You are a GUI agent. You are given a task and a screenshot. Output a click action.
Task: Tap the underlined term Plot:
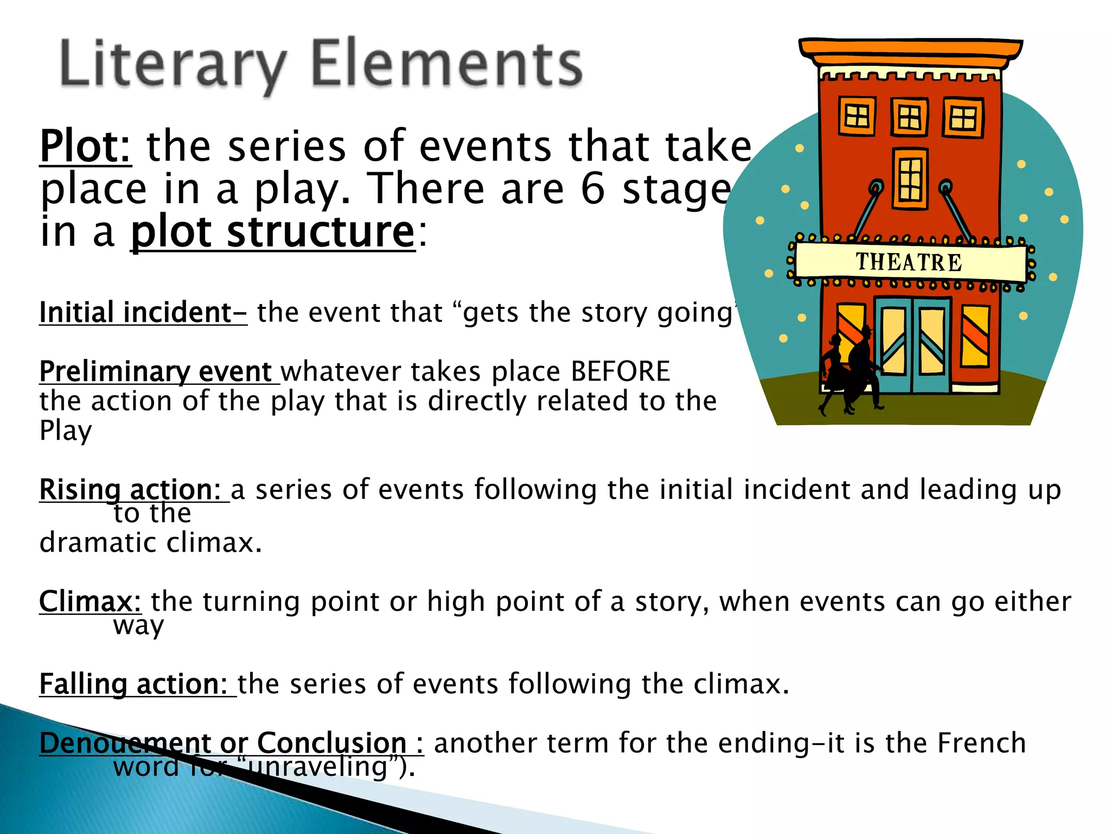[x=85, y=147]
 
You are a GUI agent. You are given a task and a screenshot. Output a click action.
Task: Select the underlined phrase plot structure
[x=273, y=232]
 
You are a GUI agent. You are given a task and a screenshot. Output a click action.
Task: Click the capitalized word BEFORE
[x=621, y=372]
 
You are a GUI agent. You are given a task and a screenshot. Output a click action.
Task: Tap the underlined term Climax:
[x=90, y=602]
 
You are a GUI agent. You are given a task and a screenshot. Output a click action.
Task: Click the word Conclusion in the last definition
[x=331, y=743]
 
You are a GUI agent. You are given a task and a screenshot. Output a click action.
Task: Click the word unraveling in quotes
[x=320, y=767]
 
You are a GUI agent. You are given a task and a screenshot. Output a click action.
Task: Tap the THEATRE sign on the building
[x=909, y=262]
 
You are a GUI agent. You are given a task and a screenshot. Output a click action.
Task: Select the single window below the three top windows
[x=910, y=179]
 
